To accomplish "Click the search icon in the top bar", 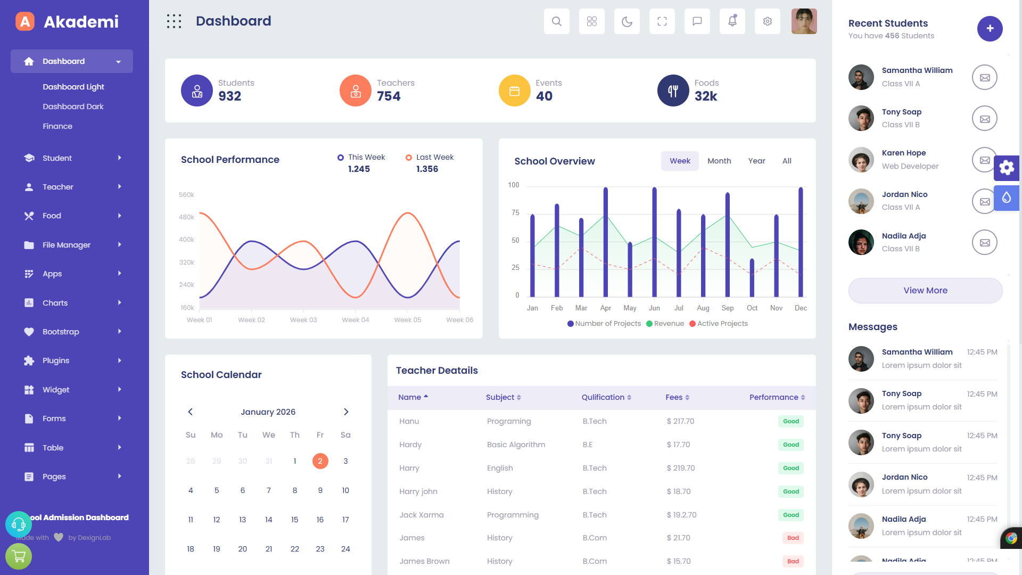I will point(557,21).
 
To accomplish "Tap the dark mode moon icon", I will point(627,21).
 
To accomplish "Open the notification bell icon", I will point(732,21).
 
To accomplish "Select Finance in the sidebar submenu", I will point(57,126).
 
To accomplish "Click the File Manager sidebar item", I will point(67,245).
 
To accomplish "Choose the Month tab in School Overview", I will point(719,161).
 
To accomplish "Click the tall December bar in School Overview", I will point(801,242).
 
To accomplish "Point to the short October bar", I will point(752,277).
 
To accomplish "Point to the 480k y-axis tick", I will point(186,217).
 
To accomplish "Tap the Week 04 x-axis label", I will point(356,320).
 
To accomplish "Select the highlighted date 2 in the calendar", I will point(320,461).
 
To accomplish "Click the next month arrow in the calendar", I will point(346,412).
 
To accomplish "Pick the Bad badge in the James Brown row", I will point(793,561).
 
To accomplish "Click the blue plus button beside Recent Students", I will point(990,29).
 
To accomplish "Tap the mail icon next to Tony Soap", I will point(985,119).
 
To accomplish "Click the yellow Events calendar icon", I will point(514,91).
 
